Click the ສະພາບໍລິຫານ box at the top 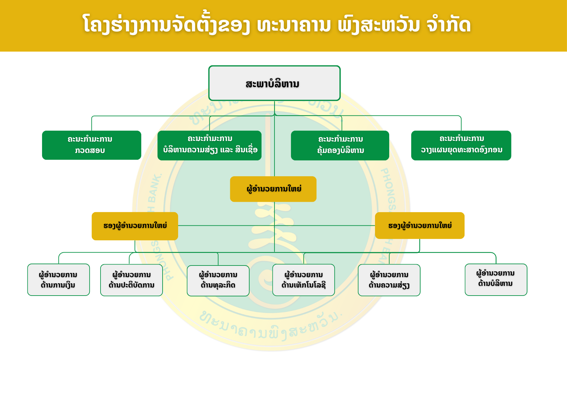pyautogui.click(x=274, y=83)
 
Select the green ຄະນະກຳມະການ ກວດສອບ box pyautogui.click(x=91, y=145)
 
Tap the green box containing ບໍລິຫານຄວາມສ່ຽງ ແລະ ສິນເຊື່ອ pyautogui.click(x=209, y=146)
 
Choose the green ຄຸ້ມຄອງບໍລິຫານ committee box pyautogui.click(x=340, y=146)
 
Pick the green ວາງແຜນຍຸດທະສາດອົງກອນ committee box pyautogui.click(x=461, y=146)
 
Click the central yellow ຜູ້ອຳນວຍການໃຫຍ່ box pyautogui.click(x=273, y=189)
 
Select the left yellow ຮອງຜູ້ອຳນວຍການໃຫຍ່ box pyautogui.click(x=135, y=226)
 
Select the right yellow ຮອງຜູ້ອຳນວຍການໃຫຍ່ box pyautogui.click(x=420, y=226)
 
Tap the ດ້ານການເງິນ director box pyautogui.click(x=59, y=280)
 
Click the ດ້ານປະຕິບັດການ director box pyautogui.click(x=132, y=280)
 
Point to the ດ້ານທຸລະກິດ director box pyautogui.click(x=218, y=281)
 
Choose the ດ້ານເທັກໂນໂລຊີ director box pyautogui.click(x=304, y=280)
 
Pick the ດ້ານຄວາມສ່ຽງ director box pyautogui.click(x=389, y=280)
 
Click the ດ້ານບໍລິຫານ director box pyautogui.click(x=496, y=280)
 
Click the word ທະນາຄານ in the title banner pyautogui.click(x=294, y=25)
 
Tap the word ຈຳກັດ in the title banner pyautogui.click(x=449, y=25)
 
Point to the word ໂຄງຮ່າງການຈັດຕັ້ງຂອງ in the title pyautogui.click(x=166, y=25)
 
